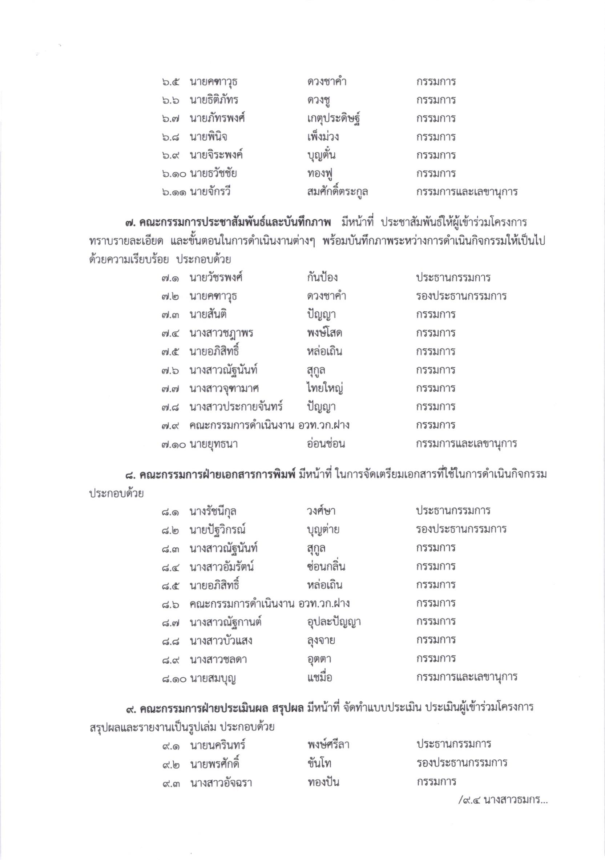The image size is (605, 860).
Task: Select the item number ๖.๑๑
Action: [175, 192]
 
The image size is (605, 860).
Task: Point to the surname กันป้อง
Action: [322, 277]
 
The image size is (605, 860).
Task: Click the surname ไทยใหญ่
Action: [324, 388]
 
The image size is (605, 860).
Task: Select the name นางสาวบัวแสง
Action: [221, 641]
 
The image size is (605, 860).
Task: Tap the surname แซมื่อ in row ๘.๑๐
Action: [319, 678]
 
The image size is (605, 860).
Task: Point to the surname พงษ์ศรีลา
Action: [327, 745]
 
